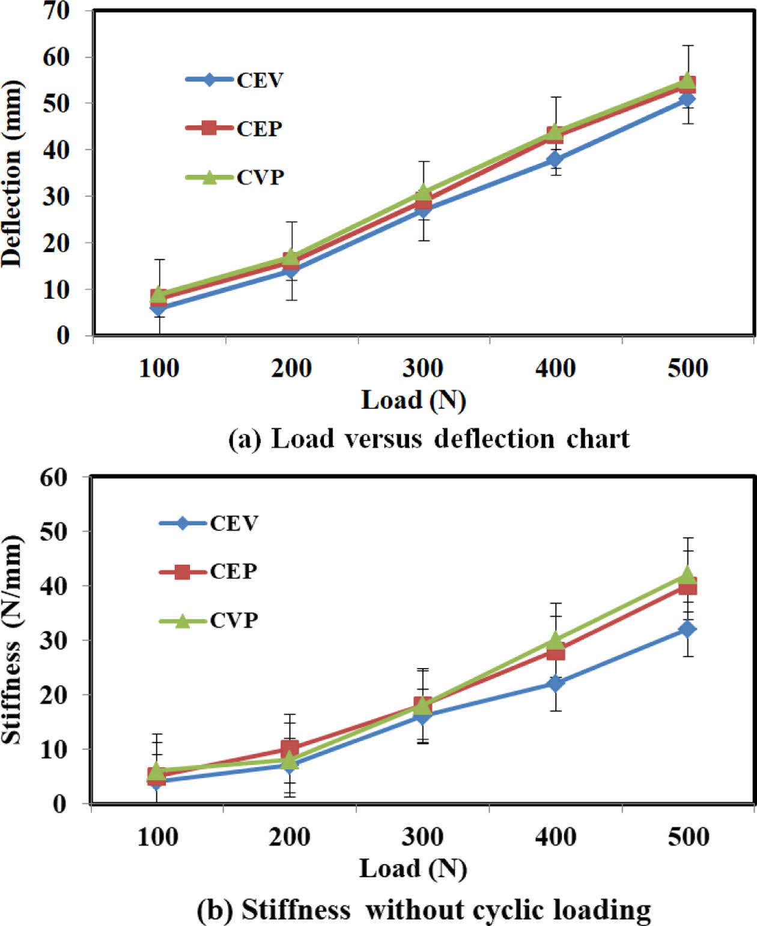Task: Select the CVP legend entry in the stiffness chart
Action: (x=233, y=620)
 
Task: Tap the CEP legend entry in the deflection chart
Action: (x=258, y=128)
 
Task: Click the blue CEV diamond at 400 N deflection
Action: (x=555, y=159)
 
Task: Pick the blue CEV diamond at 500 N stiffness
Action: (x=687, y=629)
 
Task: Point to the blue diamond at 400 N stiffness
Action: (x=555, y=683)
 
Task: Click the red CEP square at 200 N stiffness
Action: (x=290, y=749)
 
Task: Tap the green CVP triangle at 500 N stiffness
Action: (x=687, y=574)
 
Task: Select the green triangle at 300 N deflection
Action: (x=424, y=192)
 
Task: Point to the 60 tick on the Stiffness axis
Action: (x=53, y=477)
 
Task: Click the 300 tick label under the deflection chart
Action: (x=423, y=368)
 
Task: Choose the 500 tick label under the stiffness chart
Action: (x=689, y=836)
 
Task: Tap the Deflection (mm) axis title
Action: (x=12, y=174)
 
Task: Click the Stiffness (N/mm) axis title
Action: (x=12, y=639)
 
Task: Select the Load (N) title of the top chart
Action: (x=413, y=400)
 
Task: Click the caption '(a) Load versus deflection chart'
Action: (x=429, y=439)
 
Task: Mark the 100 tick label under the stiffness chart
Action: (x=157, y=836)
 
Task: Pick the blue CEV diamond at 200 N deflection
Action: (x=291, y=270)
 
